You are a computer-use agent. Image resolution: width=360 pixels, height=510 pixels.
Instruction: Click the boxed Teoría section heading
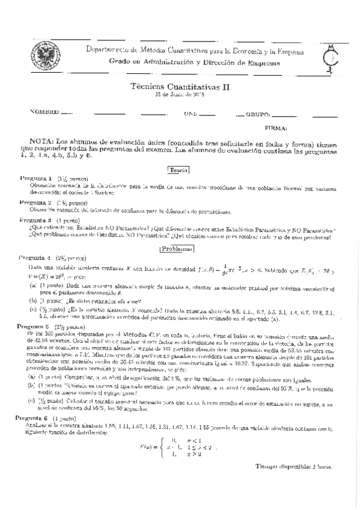[x=179, y=170]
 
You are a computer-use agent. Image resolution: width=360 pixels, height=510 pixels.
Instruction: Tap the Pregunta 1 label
[x=36, y=179]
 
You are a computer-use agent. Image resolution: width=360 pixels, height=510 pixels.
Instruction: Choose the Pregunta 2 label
[x=36, y=203]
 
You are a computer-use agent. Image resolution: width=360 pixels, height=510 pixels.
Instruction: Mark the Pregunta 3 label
[x=36, y=220]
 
